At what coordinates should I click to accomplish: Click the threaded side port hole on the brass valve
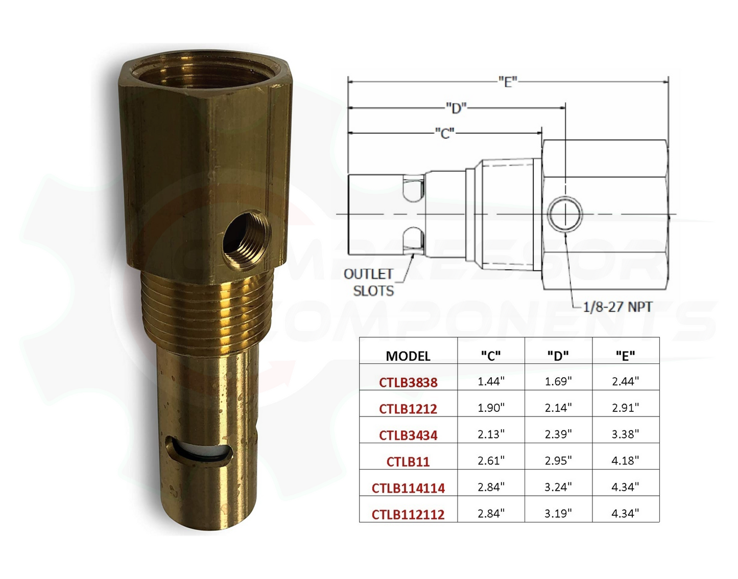pos(246,239)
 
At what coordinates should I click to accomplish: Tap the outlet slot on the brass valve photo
pos(199,451)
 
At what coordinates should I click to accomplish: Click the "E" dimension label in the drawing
pos(508,81)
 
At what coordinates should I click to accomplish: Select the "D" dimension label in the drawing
pos(456,108)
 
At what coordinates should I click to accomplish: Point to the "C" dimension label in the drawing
pos(444,133)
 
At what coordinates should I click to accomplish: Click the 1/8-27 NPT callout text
pos(617,307)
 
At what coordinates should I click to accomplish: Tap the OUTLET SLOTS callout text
pos(368,283)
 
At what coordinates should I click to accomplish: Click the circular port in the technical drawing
pos(565,214)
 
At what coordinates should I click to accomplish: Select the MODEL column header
pos(408,356)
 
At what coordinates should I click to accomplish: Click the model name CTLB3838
pos(408,382)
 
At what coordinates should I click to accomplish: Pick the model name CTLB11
pos(408,461)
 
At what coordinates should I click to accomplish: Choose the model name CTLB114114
pos(408,488)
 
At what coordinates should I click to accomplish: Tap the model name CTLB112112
pos(408,514)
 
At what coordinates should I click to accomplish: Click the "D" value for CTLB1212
pos(558,408)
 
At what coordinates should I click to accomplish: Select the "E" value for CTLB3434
pos(625,434)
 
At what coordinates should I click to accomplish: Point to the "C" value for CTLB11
pos(491,461)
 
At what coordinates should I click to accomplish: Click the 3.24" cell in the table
pos(558,488)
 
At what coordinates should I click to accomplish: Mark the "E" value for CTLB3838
pos(625,381)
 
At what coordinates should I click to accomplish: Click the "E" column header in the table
pos(625,355)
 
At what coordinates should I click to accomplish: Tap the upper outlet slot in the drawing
pos(413,188)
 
